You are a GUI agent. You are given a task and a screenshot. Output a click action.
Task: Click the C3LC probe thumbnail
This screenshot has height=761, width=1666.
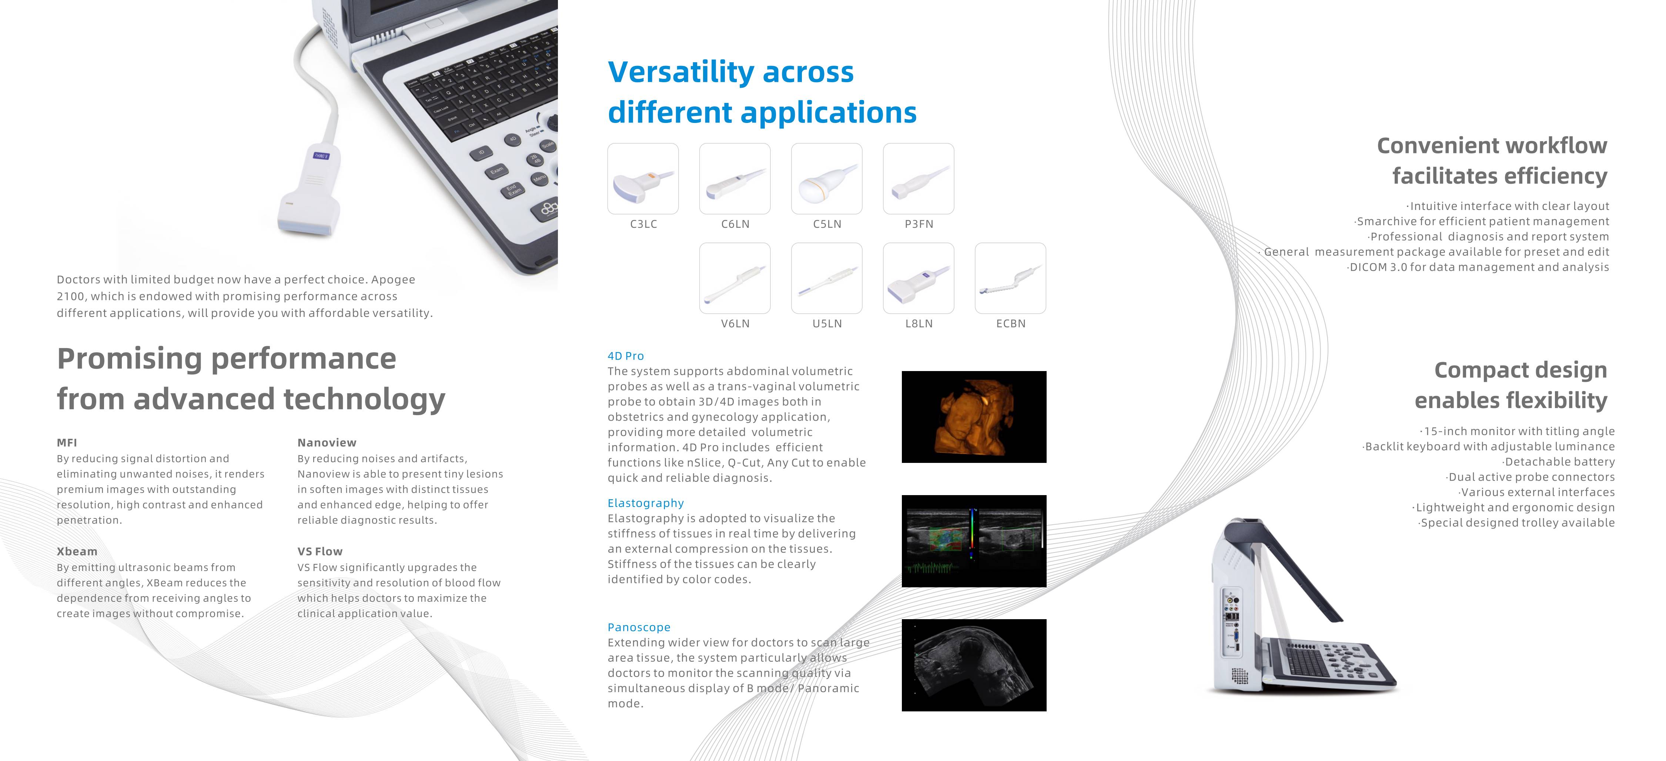pyautogui.click(x=643, y=178)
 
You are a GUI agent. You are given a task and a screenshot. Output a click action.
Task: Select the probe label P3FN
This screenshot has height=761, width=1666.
pyautogui.click(x=919, y=224)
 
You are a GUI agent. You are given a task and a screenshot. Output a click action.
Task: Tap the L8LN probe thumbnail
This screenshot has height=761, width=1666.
pyautogui.click(x=919, y=278)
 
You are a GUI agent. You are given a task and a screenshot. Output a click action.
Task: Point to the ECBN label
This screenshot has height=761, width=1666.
pyautogui.click(x=1011, y=324)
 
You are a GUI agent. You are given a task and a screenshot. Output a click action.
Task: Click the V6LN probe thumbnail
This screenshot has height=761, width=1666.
pyautogui.click(x=735, y=278)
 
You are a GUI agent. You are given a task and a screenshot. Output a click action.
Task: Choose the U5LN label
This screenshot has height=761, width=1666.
pyautogui.click(x=827, y=324)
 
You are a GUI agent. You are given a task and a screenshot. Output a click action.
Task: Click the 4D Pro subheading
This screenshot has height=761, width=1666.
pyautogui.click(x=625, y=356)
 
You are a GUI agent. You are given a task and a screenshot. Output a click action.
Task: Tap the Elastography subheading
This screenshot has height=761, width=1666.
pyautogui.click(x=645, y=504)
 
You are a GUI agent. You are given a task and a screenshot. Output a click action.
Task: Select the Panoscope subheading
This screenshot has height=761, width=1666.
pyautogui.click(x=639, y=628)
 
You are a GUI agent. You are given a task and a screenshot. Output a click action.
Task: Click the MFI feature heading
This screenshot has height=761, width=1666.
pyautogui.click(x=67, y=443)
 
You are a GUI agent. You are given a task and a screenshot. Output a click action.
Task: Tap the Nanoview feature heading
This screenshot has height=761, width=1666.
pyautogui.click(x=327, y=443)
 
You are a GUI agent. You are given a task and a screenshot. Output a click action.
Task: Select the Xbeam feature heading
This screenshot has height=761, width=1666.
pyautogui.click(x=77, y=551)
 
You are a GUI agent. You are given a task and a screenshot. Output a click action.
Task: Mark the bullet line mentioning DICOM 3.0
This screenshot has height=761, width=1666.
pyautogui.click(x=1478, y=267)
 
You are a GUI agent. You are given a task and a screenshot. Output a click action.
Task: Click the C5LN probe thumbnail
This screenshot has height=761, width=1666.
pyautogui.click(x=827, y=178)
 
